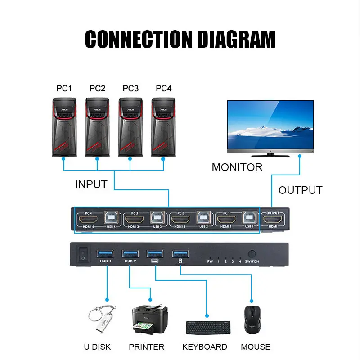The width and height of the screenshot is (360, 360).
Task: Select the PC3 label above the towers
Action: [x=130, y=88]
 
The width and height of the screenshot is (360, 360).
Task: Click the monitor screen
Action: [x=270, y=124]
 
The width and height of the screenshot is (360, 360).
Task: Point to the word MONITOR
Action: [x=237, y=167]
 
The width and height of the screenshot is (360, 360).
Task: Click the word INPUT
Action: [x=91, y=184]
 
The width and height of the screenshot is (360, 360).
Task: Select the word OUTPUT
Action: [x=300, y=190]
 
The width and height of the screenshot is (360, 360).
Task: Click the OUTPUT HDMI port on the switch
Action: [x=273, y=220]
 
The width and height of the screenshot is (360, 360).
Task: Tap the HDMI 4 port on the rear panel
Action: [x=87, y=220]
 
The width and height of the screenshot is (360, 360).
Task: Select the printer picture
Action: [x=149, y=320]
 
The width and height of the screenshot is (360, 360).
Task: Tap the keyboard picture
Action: [x=207, y=328]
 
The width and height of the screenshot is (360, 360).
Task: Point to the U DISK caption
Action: [x=97, y=347]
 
